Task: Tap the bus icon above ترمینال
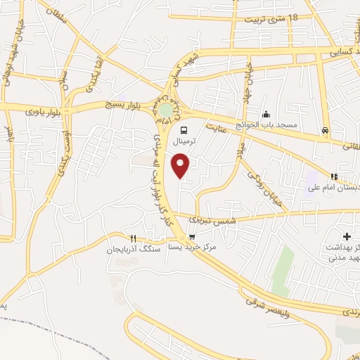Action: click(184, 130)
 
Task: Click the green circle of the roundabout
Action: click(166, 111)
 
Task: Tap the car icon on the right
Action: click(325, 130)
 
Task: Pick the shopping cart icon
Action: click(193, 237)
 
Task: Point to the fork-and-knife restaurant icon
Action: click(132, 238)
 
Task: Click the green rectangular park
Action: click(283, 267)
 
